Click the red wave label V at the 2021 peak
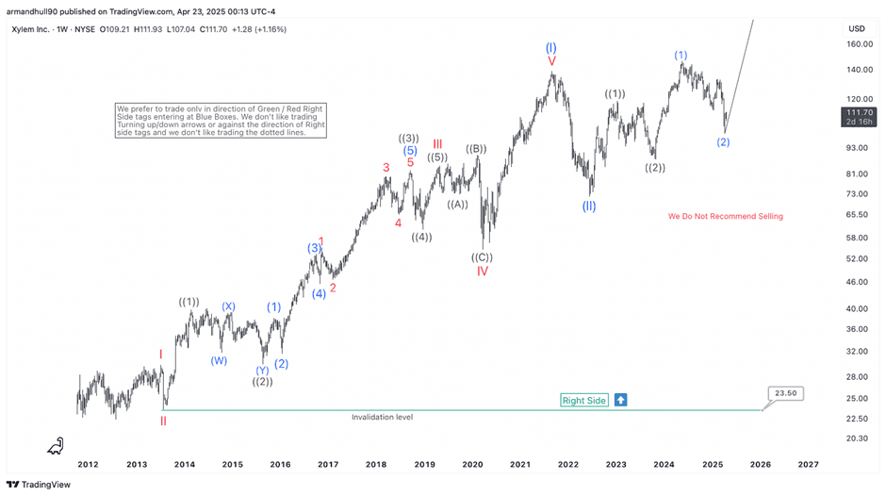pyautogui.click(x=551, y=61)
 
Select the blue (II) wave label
pyautogui.click(x=589, y=206)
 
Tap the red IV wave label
pyautogui.click(x=483, y=272)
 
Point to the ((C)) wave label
pyautogui.click(x=483, y=256)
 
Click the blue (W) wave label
pyautogui.click(x=219, y=360)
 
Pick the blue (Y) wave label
pyautogui.click(x=262, y=370)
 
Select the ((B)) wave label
pyautogui.click(x=476, y=148)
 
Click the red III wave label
pyautogui.click(x=437, y=144)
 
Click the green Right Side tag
pyautogui.click(x=583, y=400)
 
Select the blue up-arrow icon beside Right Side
pyautogui.click(x=620, y=400)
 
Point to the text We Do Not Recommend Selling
pyautogui.click(x=725, y=216)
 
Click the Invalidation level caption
pyautogui.click(x=382, y=417)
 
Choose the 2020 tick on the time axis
pyautogui.click(x=472, y=464)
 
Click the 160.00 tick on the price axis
pyautogui.click(x=859, y=44)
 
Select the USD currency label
pyautogui.click(x=857, y=28)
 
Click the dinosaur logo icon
pyautogui.click(x=57, y=446)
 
